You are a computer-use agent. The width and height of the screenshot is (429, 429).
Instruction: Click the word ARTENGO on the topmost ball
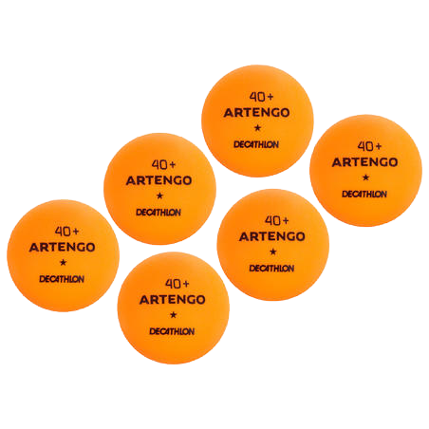[256, 113]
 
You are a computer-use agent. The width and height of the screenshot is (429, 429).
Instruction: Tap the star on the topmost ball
[257, 128]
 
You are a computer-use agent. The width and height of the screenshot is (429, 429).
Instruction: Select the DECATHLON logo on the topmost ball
[256, 144]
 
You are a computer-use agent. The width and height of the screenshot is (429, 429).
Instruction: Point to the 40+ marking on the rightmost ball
[369, 146]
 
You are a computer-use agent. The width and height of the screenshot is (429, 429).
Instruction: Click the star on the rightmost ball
[365, 177]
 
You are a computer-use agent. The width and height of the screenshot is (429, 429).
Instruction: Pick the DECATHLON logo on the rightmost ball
[364, 194]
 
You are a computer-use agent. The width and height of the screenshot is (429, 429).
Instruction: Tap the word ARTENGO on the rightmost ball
[364, 162]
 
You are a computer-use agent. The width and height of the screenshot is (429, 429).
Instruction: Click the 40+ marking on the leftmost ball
[66, 232]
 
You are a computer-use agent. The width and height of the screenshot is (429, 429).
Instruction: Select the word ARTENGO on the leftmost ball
[62, 247]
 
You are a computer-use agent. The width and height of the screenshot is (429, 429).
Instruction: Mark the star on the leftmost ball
[63, 262]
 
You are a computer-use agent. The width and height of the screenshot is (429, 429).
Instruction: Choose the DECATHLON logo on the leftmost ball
[62, 279]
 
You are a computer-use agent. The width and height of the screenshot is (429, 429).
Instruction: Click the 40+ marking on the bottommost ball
[177, 284]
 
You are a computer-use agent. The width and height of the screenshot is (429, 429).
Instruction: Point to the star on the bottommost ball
[173, 315]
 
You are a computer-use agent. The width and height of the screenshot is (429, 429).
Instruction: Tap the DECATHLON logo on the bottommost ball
[172, 331]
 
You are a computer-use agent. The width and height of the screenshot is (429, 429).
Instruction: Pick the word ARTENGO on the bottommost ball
[173, 300]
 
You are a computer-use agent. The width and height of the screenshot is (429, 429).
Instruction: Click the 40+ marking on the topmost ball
[261, 97]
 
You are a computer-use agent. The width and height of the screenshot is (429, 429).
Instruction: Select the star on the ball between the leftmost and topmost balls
[159, 196]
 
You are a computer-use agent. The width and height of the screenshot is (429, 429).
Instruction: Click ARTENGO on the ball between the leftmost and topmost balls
[159, 180]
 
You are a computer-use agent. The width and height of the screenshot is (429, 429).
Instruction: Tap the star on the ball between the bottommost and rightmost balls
[272, 252]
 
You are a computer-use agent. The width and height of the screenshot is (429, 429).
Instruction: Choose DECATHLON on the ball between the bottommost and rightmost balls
[271, 269]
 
